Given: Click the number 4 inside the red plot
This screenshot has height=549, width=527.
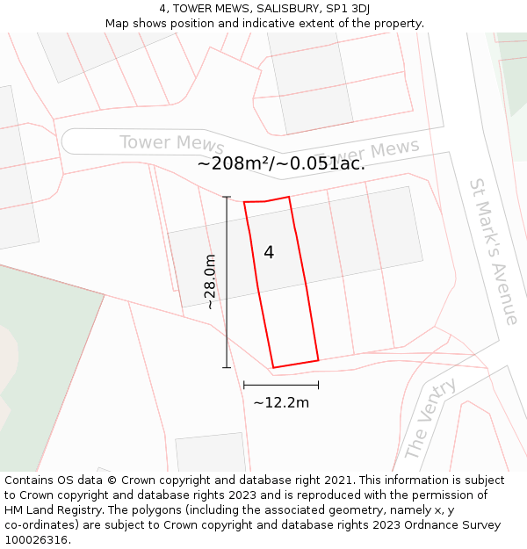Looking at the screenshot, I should click(x=269, y=253).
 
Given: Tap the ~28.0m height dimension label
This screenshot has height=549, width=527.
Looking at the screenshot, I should click(x=210, y=282).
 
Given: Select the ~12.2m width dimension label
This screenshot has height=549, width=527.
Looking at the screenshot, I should click(x=281, y=402).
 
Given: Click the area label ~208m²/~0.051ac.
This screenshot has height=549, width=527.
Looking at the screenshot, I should click(x=281, y=163).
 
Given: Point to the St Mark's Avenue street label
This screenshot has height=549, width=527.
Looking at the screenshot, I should click(x=494, y=251).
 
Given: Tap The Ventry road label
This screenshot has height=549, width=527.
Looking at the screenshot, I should click(x=430, y=419).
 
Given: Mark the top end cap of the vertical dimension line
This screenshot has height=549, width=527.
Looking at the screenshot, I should click(x=227, y=197).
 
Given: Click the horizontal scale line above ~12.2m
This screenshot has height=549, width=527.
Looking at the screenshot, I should click(x=281, y=385).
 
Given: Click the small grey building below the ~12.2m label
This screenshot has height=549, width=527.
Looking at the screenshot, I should click(x=210, y=452).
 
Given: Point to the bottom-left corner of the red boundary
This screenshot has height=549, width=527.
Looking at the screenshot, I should click(x=273, y=367).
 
